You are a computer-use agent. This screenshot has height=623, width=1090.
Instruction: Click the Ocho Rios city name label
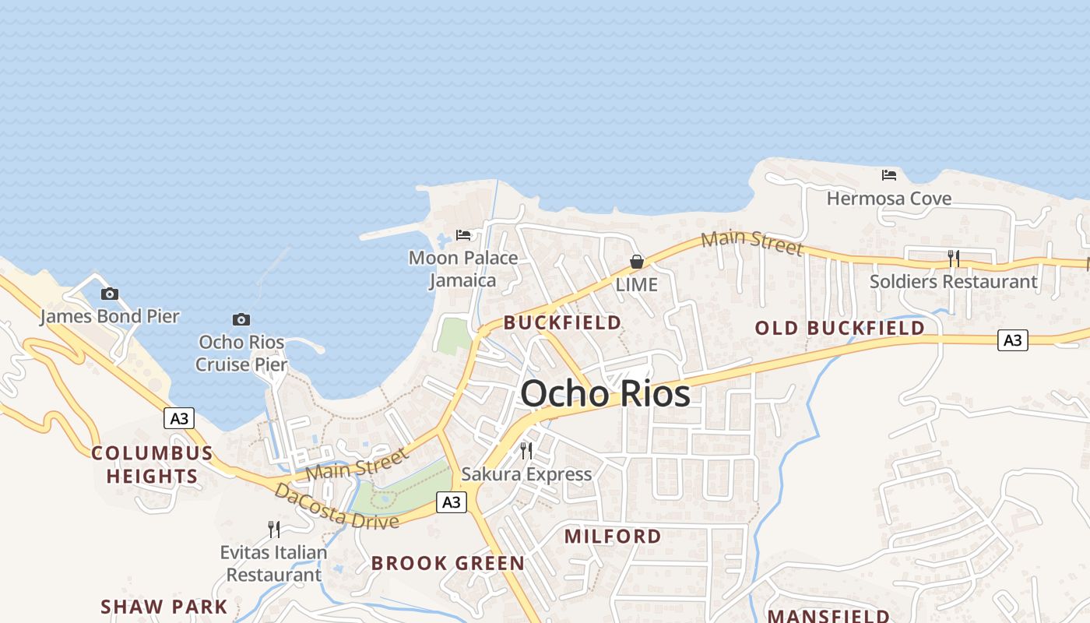[x=605, y=393]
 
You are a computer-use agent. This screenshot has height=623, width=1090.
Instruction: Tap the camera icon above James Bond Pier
[x=110, y=294]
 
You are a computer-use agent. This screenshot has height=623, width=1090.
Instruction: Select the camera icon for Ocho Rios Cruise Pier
[x=241, y=319]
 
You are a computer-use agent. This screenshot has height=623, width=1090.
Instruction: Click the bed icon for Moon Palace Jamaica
[x=463, y=234]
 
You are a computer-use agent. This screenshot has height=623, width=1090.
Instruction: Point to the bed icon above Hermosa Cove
[x=889, y=174]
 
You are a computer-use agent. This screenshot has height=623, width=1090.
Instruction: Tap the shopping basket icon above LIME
[x=636, y=262]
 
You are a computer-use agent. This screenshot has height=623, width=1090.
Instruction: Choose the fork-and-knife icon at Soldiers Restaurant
[x=953, y=258]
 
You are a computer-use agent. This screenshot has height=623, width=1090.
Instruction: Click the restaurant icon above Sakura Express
[x=526, y=450]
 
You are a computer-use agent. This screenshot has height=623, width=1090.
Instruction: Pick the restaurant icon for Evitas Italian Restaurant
[x=273, y=530]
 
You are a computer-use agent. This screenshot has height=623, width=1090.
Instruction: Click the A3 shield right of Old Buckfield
[x=1012, y=340]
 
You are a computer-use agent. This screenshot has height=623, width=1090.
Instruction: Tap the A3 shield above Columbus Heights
[x=179, y=418]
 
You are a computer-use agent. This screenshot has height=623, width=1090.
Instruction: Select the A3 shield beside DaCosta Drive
[x=451, y=502]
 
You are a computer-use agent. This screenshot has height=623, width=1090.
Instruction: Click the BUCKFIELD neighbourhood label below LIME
[x=562, y=322]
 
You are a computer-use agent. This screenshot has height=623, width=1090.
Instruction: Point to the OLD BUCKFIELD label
[x=839, y=328]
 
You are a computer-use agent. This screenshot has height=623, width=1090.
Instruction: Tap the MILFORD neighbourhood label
[x=613, y=536]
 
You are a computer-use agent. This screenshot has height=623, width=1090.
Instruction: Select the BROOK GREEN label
[x=448, y=563]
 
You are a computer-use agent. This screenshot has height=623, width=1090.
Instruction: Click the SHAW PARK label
[x=164, y=607]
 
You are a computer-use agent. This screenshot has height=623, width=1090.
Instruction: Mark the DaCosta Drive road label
[x=336, y=506]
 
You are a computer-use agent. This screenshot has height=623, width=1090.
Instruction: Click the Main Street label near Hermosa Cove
[x=751, y=242]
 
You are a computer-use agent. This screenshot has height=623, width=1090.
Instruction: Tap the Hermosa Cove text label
[x=889, y=199]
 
